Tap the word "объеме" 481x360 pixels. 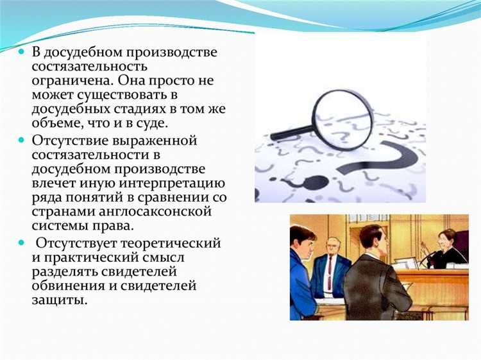pos(56,124)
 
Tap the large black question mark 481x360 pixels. pos(378,164)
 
